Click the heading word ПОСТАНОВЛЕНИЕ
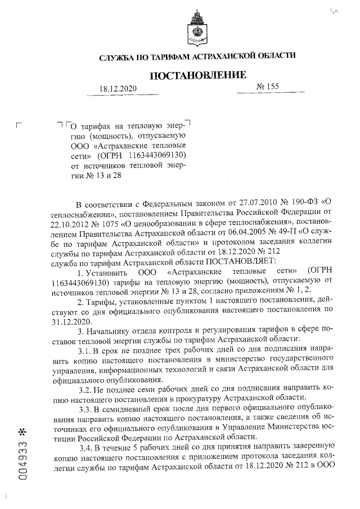pos(197,75)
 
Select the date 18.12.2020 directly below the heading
pos(118,89)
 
